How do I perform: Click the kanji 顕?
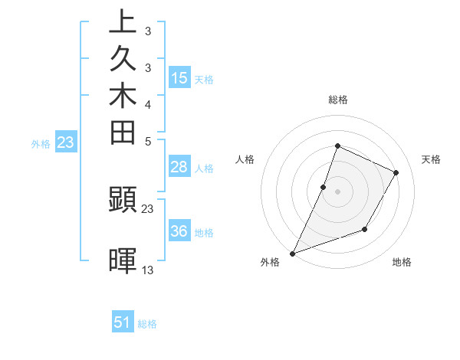pyautogui.click(x=123, y=201)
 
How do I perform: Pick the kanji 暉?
pyautogui.click(x=123, y=260)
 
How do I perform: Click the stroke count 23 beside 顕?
pyautogui.click(x=148, y=208)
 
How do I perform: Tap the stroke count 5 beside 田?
pyautogui.click(x=148, y=140)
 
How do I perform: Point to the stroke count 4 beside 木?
pyautogui.click(x=148, y=103)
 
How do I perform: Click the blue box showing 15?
pyautogui.click(x=179, y=77)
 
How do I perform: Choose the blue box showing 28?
pyautogui.click(x=179, y=168)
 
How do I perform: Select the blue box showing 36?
pyautogui.click(x=179, y=231)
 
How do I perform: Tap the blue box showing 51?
pyautogui.click(x=123, y=322)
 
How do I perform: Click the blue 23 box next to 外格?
pyautogui.click(x=66, y=142)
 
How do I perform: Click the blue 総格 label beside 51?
pyautogui.click(x=147, y=324)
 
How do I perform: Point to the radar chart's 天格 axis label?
pyautogui.click(x=431, y=159)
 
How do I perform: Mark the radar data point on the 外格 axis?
pyautogui.click(x=293, y=253)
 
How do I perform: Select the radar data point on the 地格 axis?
pyautogui.click(x=366, y=229)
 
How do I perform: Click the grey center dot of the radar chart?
pyautogui.click(x=337, y=191)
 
